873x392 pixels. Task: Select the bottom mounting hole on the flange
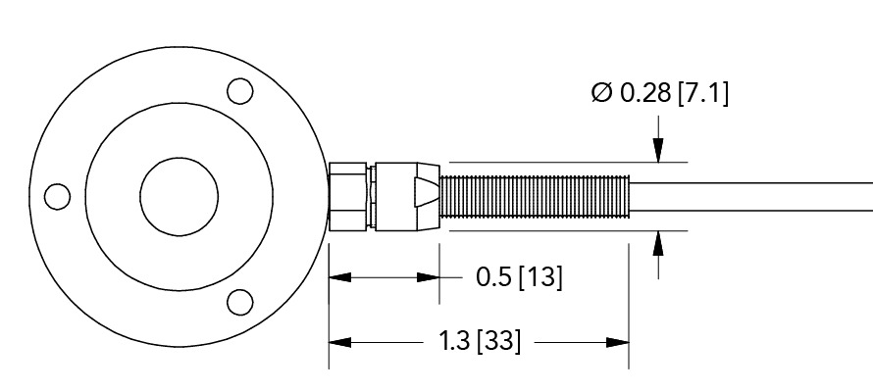[x=238, y=301]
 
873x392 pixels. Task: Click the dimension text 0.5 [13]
[x=519, y=277]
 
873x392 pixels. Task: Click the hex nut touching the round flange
[x=350, y=196]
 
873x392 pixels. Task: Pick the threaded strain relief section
[x=536, y=195]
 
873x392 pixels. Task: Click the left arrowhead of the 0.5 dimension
[x=339, y=277]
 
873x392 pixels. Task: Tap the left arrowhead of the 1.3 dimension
[x=339, y=342]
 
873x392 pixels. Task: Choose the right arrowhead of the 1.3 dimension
[x=617, y=342]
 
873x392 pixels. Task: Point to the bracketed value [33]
[x=498, y=342]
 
